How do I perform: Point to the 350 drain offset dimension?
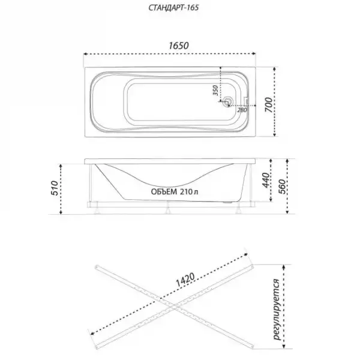(x=215, y=91)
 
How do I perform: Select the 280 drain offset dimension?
(x=242, y=110)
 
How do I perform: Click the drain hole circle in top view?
(x=227, y=103)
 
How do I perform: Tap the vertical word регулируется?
(x=278, y=308)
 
